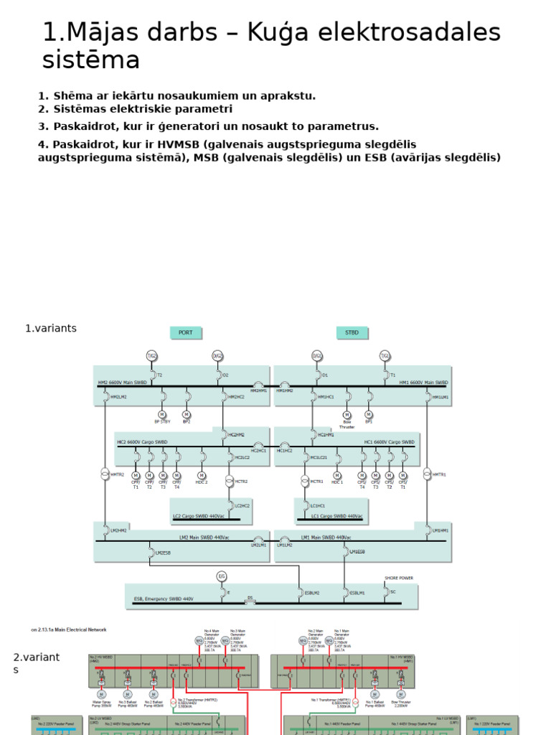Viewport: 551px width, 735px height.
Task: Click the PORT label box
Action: coord(185,332)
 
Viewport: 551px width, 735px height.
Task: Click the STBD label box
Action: coord(352,332)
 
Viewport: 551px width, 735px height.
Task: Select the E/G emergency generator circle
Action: coord(222,576)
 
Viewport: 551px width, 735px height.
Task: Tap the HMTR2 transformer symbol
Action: coord(105,474)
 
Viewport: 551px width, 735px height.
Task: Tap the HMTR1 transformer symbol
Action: coord(428,474)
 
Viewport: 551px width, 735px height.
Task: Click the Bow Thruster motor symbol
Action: coord(347,415)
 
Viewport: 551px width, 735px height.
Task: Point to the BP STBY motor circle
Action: coord(161,414)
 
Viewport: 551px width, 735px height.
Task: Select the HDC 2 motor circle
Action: coord(202,475)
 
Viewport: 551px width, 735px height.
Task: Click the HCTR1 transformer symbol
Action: coord(305,479)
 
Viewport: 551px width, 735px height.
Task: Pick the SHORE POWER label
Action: coord(399,578)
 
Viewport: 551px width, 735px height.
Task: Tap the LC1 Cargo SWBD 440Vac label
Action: coord(337,516)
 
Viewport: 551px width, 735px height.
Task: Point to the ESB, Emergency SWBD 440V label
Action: coord(164,598)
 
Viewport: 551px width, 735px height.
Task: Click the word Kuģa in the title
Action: coord(272,33)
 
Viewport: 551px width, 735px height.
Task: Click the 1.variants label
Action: coord(51,329)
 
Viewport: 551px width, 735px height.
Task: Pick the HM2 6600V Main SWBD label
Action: coord(122,383)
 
